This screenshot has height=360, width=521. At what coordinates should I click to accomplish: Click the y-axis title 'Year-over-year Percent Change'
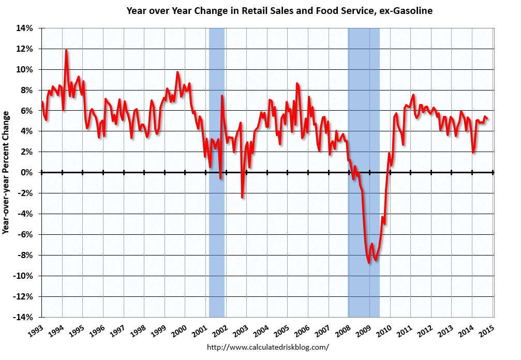point(7,172)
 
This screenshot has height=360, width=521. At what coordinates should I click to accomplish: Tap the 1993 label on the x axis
point(36,329)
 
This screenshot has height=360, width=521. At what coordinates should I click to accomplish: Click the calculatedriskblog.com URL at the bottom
point(267,347)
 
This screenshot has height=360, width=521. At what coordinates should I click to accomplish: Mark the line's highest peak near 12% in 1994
point(66,50)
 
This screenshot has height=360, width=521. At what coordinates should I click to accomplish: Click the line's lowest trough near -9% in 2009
point(369,263)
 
